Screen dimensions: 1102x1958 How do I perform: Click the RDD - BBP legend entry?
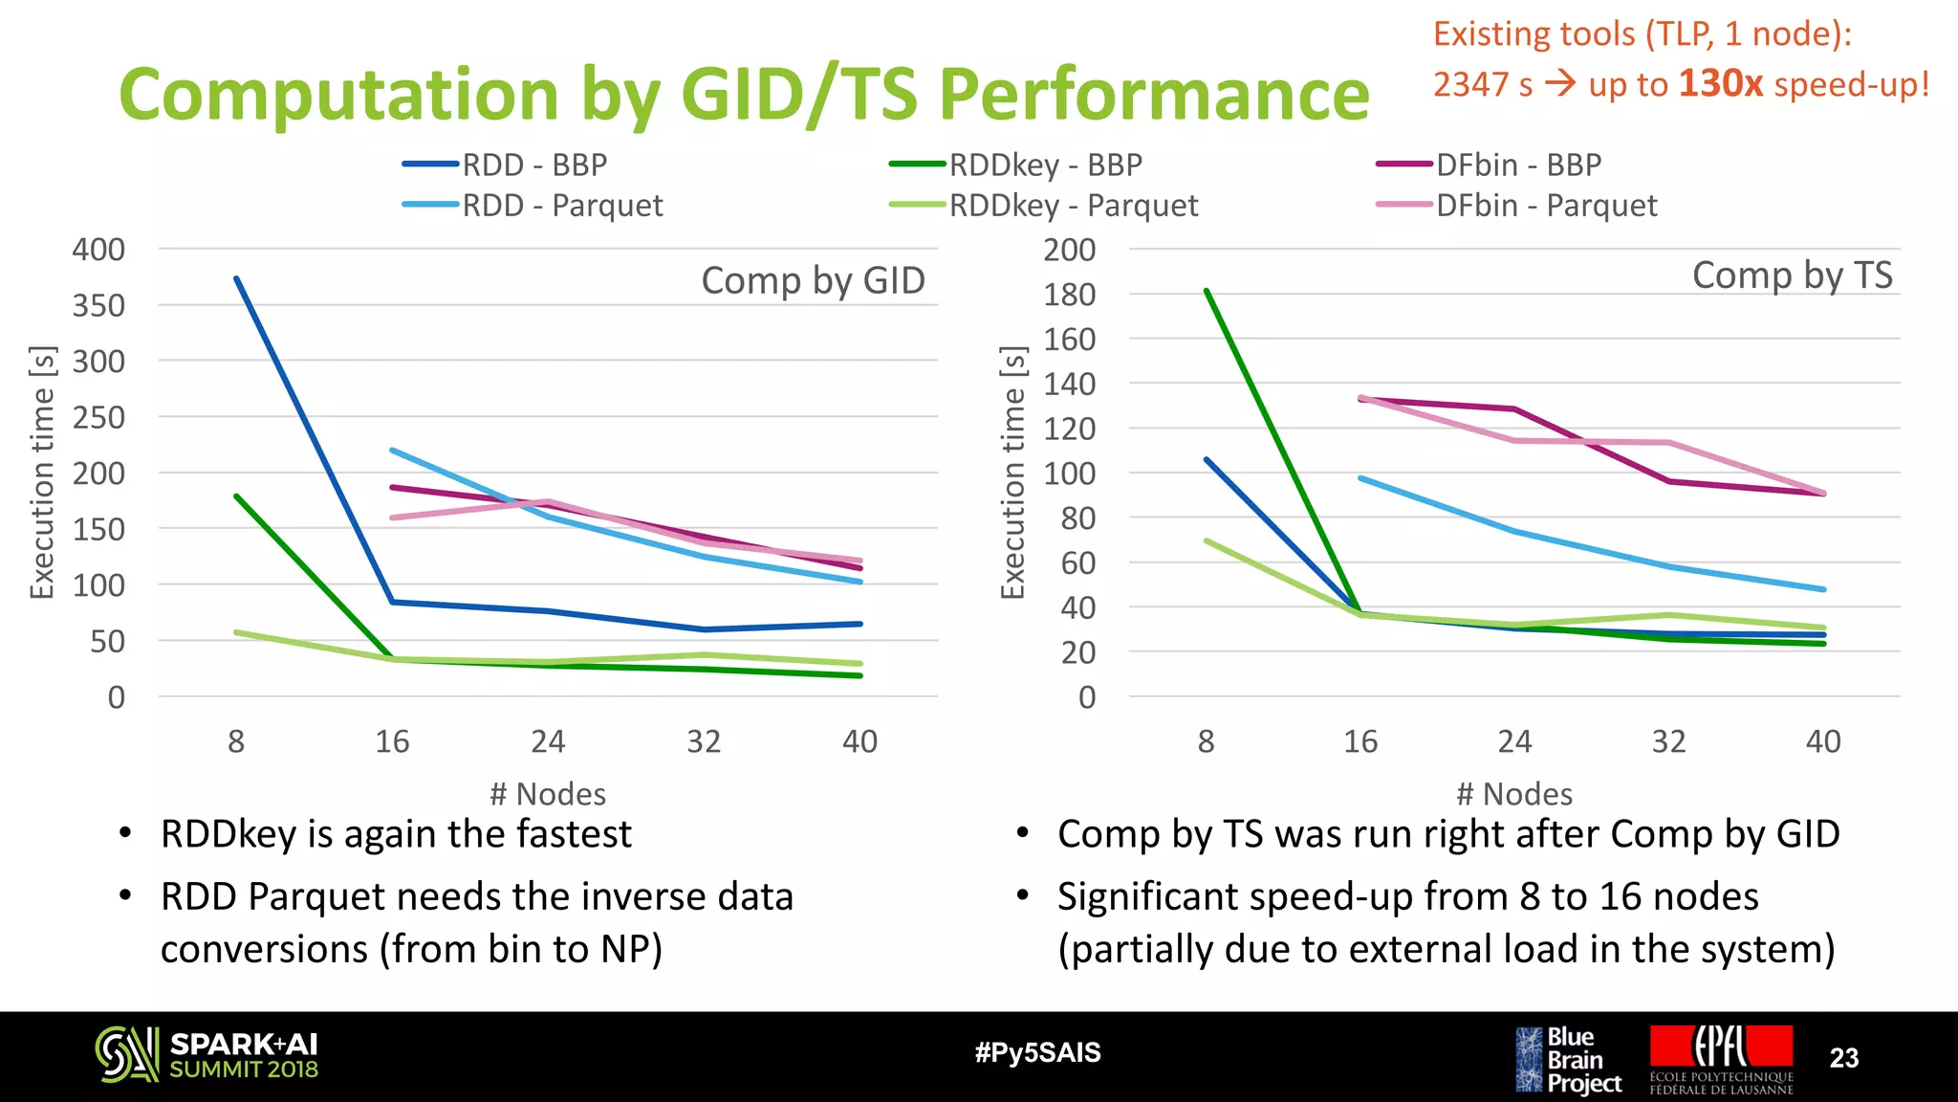tap(533, 165)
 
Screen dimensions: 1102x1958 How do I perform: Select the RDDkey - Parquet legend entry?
tap(1072, 206)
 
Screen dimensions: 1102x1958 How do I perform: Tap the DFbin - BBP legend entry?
tap(1517, 165)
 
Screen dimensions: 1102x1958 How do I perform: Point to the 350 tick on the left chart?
tap(98, 306)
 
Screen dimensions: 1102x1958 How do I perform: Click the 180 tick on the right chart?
tap(1069, 295)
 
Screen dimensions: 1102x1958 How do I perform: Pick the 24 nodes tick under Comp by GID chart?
tap(548, 741)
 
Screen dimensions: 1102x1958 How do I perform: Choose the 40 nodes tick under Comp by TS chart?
tap(1822, 741)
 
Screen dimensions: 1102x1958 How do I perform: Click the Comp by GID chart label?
tap(813, 280)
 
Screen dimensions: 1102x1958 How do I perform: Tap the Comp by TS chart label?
tap(1792, 275)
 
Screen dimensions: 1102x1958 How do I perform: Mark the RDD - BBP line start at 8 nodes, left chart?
tap(237, 279)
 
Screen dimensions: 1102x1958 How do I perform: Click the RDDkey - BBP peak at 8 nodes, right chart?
tap(1207, 291)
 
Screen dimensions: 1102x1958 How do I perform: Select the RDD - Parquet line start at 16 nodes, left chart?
tap(393, 450)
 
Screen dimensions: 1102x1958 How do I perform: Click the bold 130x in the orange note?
tap(1720, 84)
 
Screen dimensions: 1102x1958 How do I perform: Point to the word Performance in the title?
tap(1154, 95)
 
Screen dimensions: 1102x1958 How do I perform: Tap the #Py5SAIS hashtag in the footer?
tap(1037, 1053)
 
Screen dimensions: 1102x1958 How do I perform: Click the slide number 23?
tap(1843, 1058)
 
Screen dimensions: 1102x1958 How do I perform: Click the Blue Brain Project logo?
tap(1568, 1060)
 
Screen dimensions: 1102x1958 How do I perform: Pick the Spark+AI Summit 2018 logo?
tap(207, 1055)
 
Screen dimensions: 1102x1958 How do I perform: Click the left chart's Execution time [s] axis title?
tap(43, 473)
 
